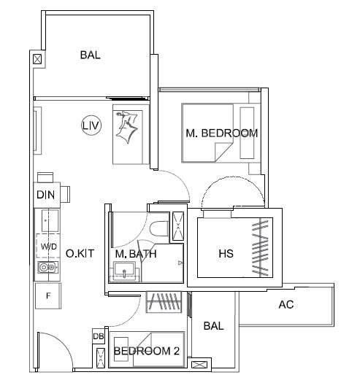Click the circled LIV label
[x=91, y=125]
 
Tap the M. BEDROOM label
[x=222, y=133]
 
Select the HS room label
[x=226, y=254]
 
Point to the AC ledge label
[x=286, y=304]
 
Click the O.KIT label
[x=80, y=253]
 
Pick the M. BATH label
[x=136, y=254]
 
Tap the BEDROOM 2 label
[x=147, y=351]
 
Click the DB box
[x=99, y=336]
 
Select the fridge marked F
[x=48, y=296]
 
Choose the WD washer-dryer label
[x=49, y=247]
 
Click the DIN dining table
[x=47, y=195]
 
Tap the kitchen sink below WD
[x=48, y=268]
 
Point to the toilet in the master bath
[x=159, y=228]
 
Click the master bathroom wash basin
[x=124, y=271]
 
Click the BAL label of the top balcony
[x=90, y=55]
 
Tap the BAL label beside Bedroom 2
[x=213, y=326]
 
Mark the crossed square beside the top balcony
[x=37, y=59]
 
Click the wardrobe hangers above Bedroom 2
[x=164, y=302]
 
